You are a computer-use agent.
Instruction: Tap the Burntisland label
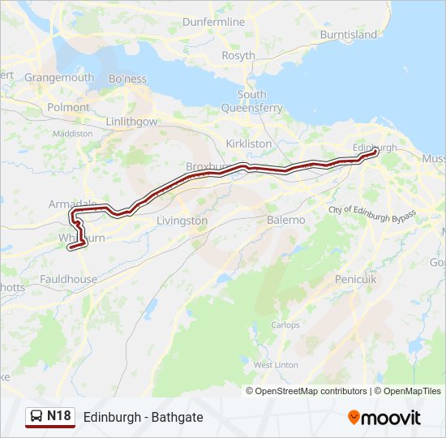[x=349, y=35]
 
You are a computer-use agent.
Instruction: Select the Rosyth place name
[x=238, y=56]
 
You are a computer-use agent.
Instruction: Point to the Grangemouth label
[x=59, y=78]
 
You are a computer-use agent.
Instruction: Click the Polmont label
[x=69, y=107]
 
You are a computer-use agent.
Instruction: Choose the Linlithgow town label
[x=131, y=121]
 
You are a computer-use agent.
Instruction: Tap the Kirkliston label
[x=250, y=143]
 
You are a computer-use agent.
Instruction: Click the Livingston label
[x=182, y=221]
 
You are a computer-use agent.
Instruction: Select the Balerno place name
[x=285, y=220]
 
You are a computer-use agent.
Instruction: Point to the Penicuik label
[x=356, y=279]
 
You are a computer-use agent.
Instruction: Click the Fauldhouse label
[x=71, y=279]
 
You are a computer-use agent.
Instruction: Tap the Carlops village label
[x=285, y=324]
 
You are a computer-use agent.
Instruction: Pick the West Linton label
[x=276, y=365]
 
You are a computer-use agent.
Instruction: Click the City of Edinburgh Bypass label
[x=372, y=210]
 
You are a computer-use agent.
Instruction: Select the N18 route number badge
[x=58, y=417]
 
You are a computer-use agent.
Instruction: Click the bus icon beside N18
[x=36, y=417]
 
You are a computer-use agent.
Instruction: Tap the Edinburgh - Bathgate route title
[x=143, y=417]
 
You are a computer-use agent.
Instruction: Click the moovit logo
[x=384, y=418]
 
